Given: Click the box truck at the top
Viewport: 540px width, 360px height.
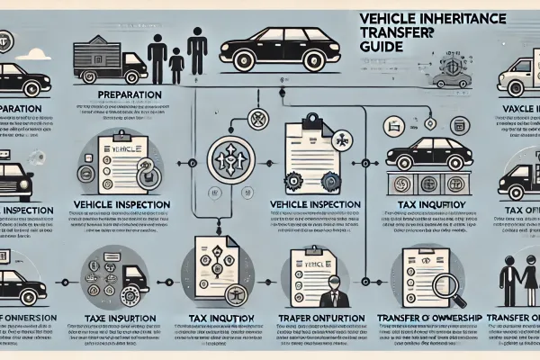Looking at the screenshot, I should [x=106, y=57].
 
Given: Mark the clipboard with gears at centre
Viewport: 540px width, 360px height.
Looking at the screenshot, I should [x=310, y=153].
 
